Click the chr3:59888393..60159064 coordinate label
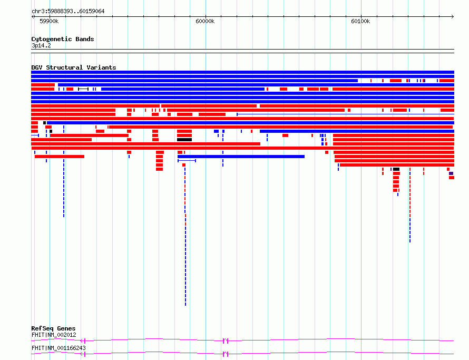click(68, 12)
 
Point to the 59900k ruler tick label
click(49, 21)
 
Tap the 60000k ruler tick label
click(205, 21)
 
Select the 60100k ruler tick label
click(360, 21)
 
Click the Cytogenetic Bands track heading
click(63, 39)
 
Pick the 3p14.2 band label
click(41, 45)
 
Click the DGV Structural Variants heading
click(74, 67)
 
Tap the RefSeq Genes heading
click(53, 328)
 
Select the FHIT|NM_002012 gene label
click(54, 335)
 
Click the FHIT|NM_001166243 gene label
click(58, 348)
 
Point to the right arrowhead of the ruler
click(453, 17)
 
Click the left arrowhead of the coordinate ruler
click(33, 17)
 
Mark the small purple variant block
click(451, 173)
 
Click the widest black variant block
click(184, 140)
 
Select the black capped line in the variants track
click(83, 89)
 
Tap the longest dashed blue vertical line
click(185, 237)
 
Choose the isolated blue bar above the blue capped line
click(241, 157)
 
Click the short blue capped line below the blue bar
click(187, 161)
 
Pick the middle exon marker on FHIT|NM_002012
click(226, 340)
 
